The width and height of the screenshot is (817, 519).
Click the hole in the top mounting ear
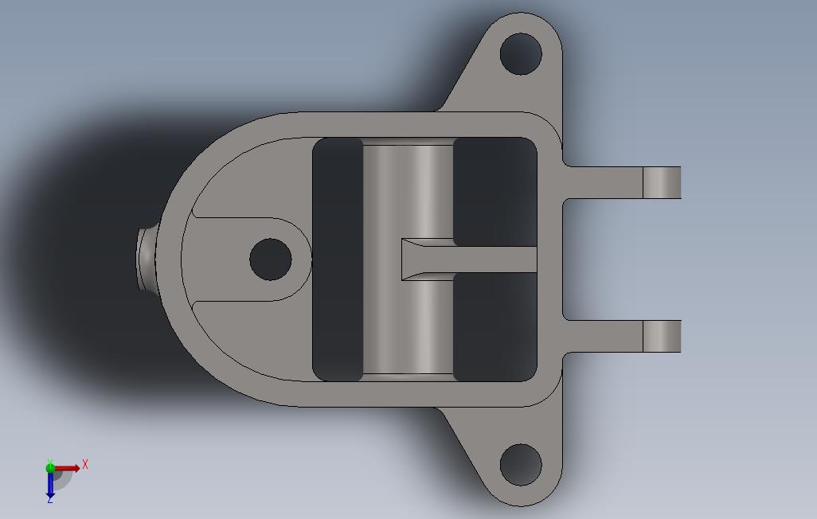pos(521,54)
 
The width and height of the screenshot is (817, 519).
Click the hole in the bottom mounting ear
pos(521,465)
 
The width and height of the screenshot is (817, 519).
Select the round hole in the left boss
pos(271,259)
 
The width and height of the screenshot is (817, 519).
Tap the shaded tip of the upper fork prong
pos(661,182)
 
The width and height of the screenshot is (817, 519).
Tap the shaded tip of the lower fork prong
pos(661,337)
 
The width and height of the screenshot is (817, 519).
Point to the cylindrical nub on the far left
pos(146,259)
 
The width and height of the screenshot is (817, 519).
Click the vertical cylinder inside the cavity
pos(408,191)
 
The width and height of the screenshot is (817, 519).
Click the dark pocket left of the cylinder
pos(338,259)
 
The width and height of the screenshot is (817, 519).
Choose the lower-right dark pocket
pos(494,326)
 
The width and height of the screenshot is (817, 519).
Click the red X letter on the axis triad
pos(85,464)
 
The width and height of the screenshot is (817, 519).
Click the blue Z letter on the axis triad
pos(49,499)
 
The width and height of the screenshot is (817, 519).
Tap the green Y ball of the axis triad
pos(50,467)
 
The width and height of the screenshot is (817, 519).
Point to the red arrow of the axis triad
pos(68,469)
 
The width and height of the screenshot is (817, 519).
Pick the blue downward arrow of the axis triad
pos(50,484)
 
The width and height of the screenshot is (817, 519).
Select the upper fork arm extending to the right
pos(605,182)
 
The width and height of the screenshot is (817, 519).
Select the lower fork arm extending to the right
pos(605,337)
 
